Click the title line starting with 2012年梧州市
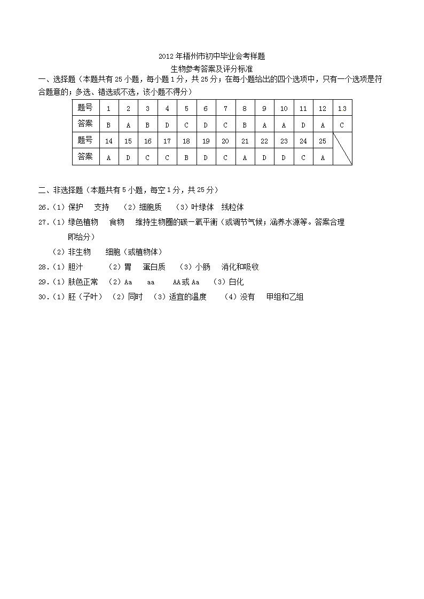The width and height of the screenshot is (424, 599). pos(211,56)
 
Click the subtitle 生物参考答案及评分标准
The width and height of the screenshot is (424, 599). pos(211,69)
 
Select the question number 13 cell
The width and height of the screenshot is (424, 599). pos(342,108)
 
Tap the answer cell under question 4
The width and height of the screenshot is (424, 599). pos(167,125)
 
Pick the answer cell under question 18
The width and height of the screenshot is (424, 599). pos(186,157)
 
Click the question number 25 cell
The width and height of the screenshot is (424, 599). pos(322,141)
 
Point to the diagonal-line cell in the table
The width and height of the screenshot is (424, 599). pos(342,149)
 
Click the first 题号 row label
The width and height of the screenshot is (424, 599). pos(85,108)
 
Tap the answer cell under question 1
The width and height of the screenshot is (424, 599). pos(109,125)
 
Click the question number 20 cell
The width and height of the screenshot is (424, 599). pos(225,141)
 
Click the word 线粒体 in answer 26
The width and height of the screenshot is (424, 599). pos(233,207)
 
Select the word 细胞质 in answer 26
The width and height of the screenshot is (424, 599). pos(150,207)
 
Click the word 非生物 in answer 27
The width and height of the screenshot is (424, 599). pos(79,252)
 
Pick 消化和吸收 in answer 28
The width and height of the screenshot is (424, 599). pos(240,267)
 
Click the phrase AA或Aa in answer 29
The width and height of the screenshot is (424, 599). pos(186,282)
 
